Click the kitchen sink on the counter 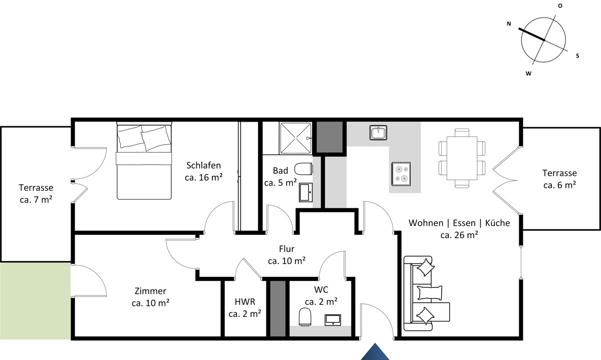coord(378,133)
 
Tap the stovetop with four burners coord(401,174)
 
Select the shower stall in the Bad coord(295,138)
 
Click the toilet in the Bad coord(304,169)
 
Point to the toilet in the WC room coord(305,317)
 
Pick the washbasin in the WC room coord(333,320)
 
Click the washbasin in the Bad coord(306,192)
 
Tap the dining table coord(462,158)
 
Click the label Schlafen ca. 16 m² coord(204,171)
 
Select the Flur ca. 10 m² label coord(286,254)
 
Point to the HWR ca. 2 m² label coord(245,307)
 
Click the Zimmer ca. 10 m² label coord(151,297)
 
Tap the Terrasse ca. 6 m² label coord(559,179)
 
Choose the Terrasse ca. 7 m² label coord(36,193)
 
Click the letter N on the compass coord(509,24)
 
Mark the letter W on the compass coord(528,73)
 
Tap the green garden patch coord(36,301)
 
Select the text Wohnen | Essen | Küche coord(459,223)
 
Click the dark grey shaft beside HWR coord(277,308)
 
